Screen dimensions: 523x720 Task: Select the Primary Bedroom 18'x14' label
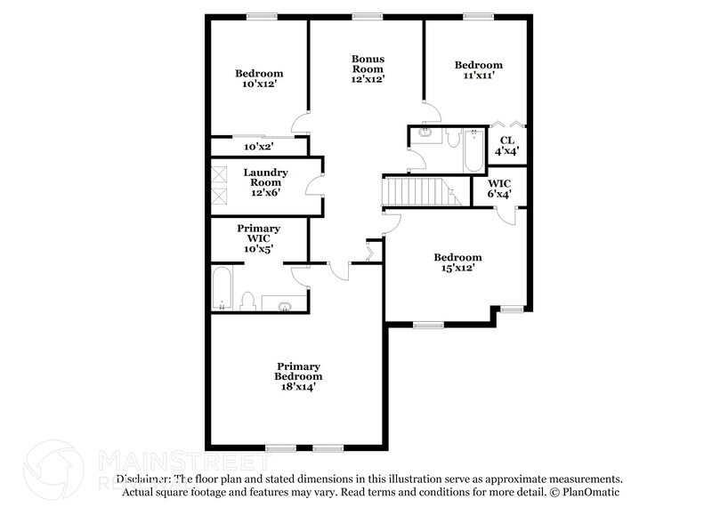click(x=298, y=376)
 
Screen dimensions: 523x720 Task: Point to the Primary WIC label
click(x=259, y=238)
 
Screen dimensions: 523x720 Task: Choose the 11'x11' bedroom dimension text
click(x=478, y=76)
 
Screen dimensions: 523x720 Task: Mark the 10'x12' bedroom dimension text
click(x=259, y=84)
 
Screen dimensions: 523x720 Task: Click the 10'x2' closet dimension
click(x=258, y=147)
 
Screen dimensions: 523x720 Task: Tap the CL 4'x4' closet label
click(x=506, y=146)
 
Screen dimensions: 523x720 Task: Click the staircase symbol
click(x=419, y=190)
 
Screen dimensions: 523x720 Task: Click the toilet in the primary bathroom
click(x=248, y=302)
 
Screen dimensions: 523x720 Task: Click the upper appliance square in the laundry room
click(x=219, y=174)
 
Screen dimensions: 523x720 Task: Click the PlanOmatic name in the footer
click(x=590, y=492)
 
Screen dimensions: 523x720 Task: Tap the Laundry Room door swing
click(x=312, y=186)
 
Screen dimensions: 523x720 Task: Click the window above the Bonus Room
click(x=367, y=15)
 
